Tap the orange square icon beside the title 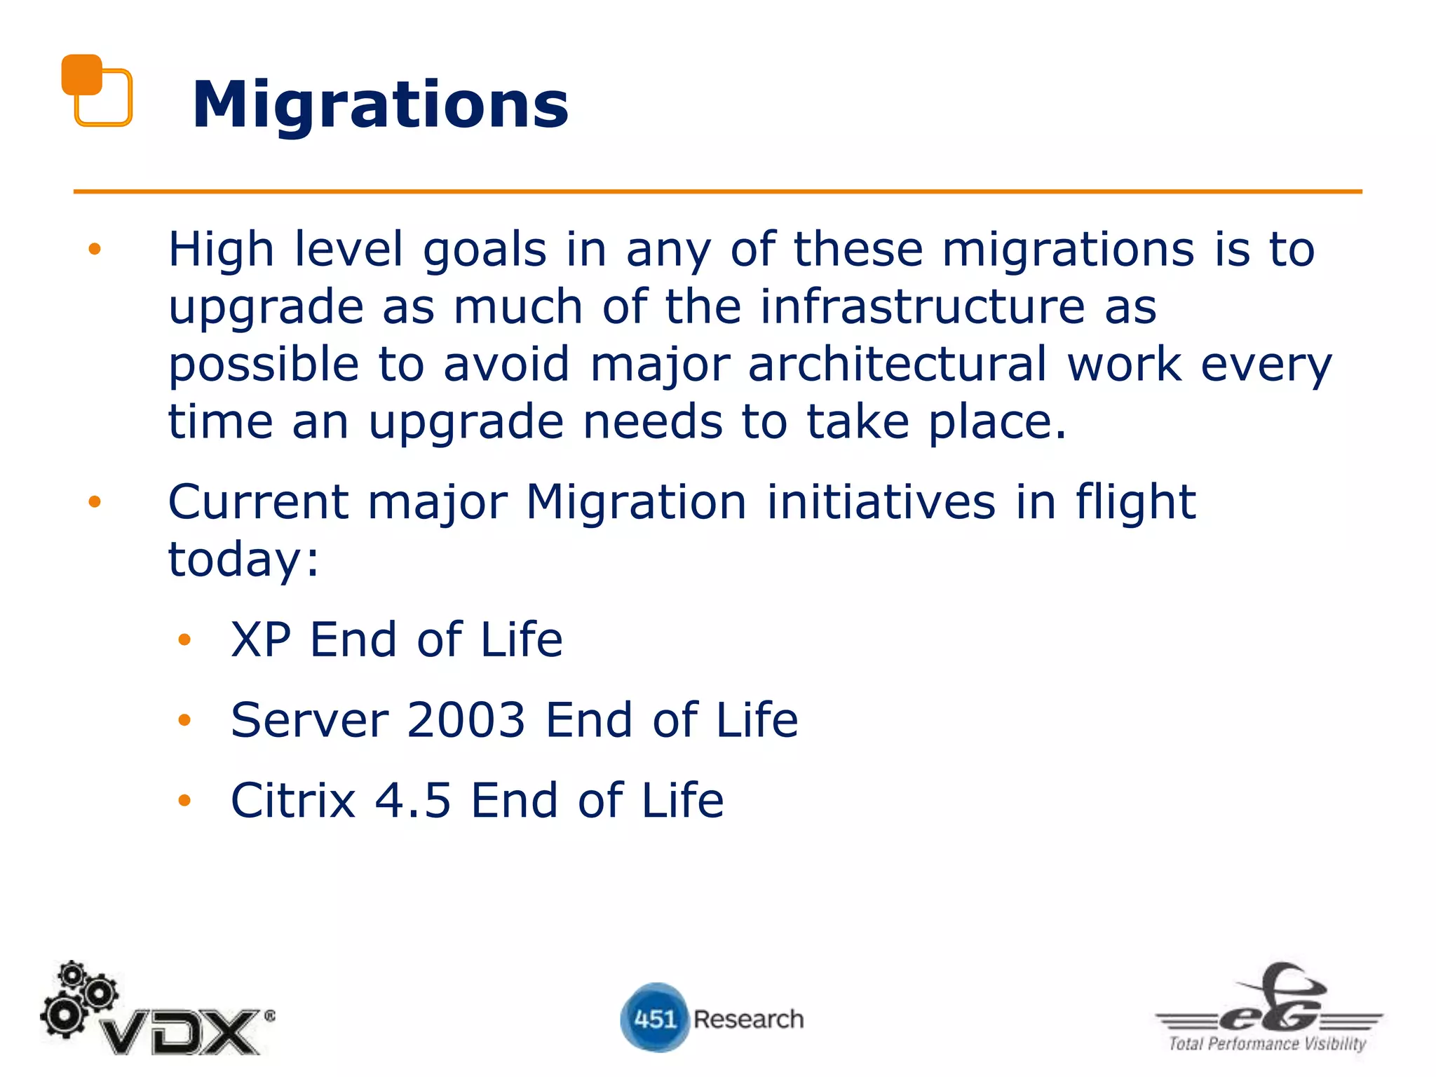click(x=96, y=90)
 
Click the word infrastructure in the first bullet click(x=923, y=306)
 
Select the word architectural click(x=897, y=364)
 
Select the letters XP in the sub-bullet click(x=261, y=639)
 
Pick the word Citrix click(x=293, y=800)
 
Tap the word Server click(x=309, y=719)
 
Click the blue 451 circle click(x=653, y=1017)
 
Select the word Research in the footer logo click(x=748, y=1019)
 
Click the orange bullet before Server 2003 click(x=184, y=720)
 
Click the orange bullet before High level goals click(x=95, y=249)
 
